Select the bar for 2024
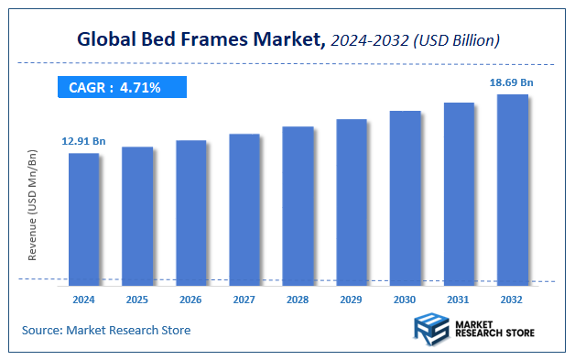coord(83,216)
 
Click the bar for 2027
coord(244,207)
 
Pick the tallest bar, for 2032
coord(513,187)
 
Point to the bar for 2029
coord(352,200)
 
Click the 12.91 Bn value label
coord(84,141)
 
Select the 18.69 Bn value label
coord(512,82)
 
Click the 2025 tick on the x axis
coord(137,299)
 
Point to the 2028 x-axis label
coord(298,299)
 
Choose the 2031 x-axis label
coord(459,299)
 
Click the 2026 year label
coord(191,299)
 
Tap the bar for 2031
coord(459,191)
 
